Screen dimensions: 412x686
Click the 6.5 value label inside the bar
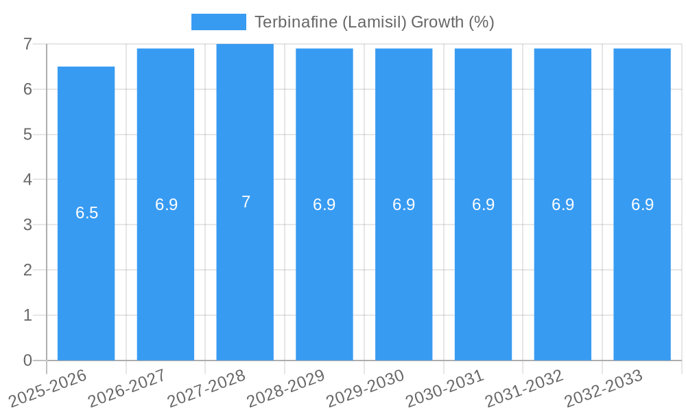tap(87, 213)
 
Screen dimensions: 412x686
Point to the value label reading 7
tap(246, 202)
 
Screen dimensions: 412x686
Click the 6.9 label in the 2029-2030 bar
tap(404, 205)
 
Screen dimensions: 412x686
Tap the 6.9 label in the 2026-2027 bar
tap(166, 205)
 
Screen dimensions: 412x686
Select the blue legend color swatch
tap(218, 22)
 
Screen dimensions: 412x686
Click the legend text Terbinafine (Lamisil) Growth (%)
tap(374, 22)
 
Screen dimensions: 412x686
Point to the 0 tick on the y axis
tap(27, 360)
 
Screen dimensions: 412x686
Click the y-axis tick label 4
tap(27, 179)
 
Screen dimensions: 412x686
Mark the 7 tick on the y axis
tap(27, 44)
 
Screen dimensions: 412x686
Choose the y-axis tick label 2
tap(27, 270)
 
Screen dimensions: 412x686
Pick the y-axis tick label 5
tap(27, 134)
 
